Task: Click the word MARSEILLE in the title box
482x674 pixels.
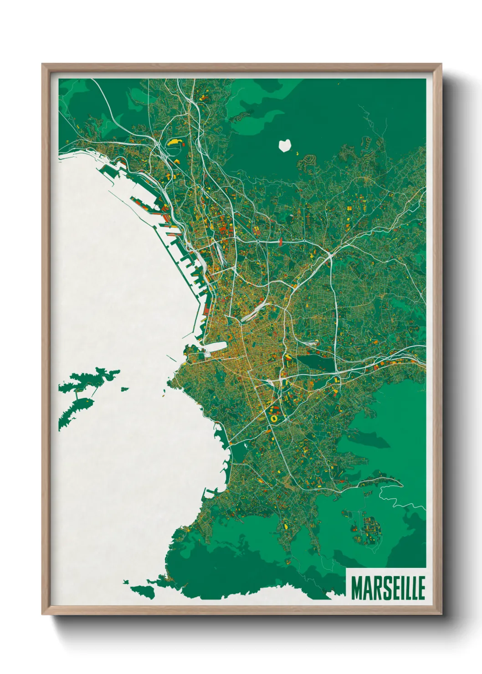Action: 388,588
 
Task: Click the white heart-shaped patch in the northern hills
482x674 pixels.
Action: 285,145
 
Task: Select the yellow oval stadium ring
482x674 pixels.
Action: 274,417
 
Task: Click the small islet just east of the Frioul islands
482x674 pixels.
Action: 124,389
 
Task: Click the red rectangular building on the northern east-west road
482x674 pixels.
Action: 280,241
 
